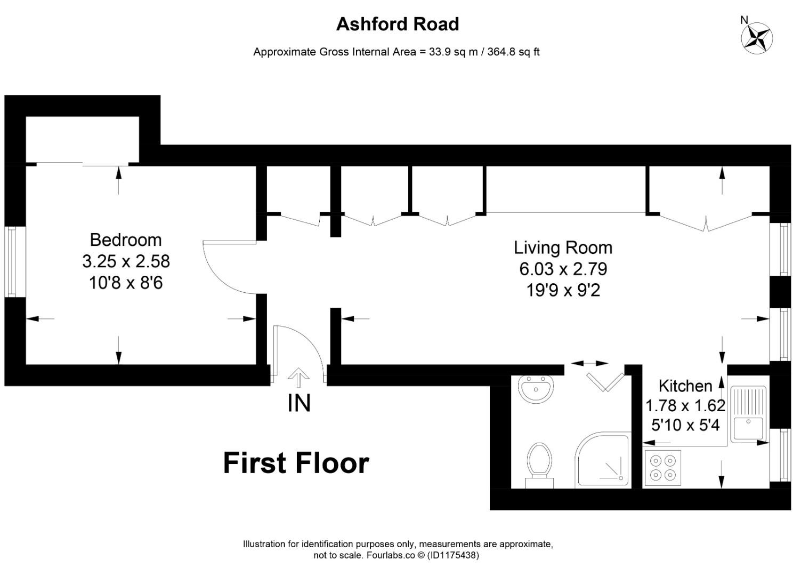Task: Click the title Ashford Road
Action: [x=397, y=24]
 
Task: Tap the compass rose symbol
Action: [x=757, y=38]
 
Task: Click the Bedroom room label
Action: [x=125, y=239]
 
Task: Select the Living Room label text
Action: [x=563, y=247]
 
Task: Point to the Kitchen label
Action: [x=685, y=386]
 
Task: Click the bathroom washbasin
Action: [x=535, y=389]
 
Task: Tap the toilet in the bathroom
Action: [x=539, y=464]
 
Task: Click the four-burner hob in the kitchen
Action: [x=662, y=467]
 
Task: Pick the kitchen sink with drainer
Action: [x=749, y=414]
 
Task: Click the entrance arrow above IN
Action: [x=298, y=378]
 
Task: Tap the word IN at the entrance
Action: [x=298, y=403]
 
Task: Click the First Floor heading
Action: [x=296, y=463]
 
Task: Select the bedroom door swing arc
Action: [x=224, y=272]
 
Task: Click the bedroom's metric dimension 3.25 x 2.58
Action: [x=126, y=261]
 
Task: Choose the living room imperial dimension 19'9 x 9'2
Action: [x=563, y=290]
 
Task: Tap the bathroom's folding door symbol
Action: [x=605, y=381]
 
